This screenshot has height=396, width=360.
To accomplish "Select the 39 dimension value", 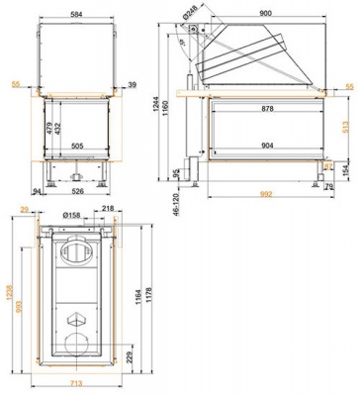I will (132, 86).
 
